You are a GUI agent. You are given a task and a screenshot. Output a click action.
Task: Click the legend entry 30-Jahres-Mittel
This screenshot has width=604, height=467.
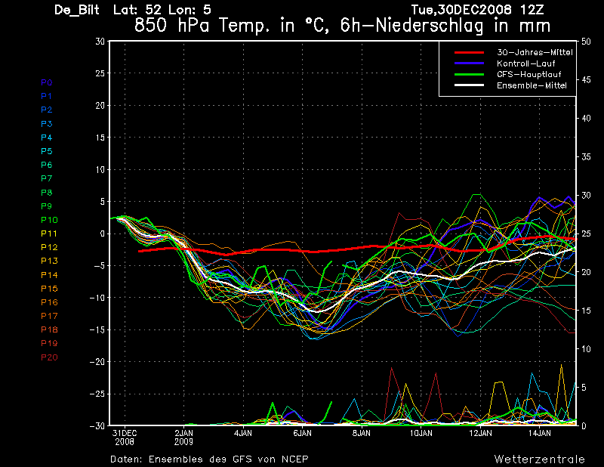pos(535,53)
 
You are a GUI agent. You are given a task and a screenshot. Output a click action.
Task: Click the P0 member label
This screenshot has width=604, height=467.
pos(47,82)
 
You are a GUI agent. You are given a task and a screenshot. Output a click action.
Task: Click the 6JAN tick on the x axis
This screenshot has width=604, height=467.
pos(302,434)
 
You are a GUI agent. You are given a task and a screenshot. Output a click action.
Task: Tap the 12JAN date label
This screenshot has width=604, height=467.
pos(480,434)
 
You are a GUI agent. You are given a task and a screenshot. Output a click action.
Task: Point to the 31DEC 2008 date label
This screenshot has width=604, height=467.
pos(125,437)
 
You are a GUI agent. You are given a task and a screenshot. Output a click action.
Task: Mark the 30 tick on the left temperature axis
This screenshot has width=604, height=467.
pos(100,42)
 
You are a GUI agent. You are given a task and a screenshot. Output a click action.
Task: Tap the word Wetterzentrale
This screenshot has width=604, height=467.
pos(539,459)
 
